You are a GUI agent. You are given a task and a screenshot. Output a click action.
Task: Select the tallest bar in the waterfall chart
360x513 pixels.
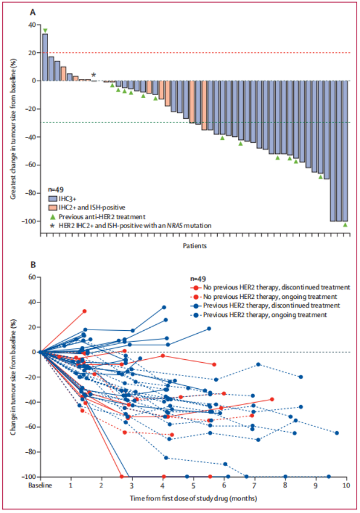(45, 57)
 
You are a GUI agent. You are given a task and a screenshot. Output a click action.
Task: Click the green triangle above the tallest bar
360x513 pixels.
(45, 30)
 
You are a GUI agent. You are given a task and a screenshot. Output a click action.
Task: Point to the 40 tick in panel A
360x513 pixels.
(31, 25)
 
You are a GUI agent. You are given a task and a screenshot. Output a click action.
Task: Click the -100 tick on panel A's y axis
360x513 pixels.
(29, 221)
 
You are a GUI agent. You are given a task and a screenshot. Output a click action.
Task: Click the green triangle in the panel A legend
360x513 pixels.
(53, 215)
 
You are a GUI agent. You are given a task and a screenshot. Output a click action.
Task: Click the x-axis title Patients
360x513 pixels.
(195, 245)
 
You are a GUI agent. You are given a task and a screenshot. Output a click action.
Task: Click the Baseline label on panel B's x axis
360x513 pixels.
(41, 485)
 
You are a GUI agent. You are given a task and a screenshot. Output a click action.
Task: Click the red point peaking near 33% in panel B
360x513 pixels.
(85, 311)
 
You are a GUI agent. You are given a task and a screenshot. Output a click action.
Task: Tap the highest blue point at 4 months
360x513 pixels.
(164, 307)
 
